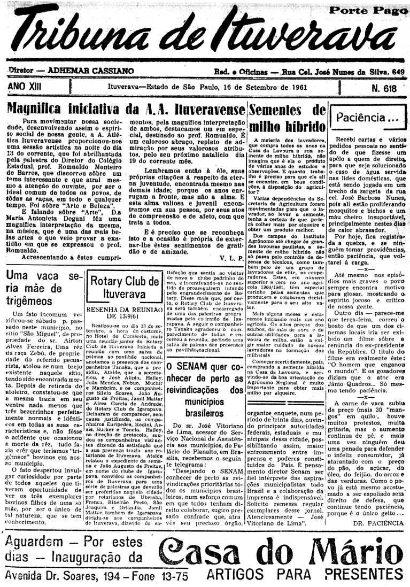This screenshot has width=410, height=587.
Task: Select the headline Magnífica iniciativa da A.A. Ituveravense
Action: point(126,109)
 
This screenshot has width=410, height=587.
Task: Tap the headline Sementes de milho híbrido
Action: point(287,118)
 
